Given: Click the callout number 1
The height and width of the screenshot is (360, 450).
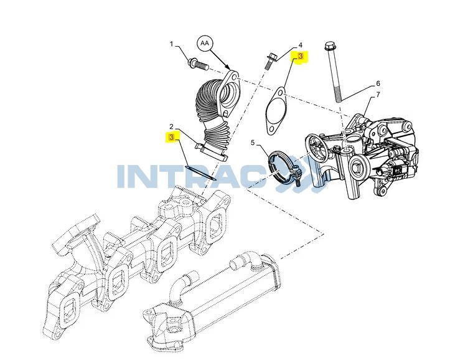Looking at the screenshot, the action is pos(172,44).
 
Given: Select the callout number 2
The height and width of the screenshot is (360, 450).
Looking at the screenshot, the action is pos(171,126).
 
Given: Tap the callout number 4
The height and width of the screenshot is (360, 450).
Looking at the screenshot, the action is pos(300,45).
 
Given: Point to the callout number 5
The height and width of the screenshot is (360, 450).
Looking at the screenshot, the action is pos(253,143).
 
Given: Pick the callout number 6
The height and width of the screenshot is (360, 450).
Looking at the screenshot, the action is pos(378,83).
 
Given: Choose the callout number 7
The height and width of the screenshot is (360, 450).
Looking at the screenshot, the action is pos(378,95).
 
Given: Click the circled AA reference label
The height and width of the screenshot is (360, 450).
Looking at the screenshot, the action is pos(204,43).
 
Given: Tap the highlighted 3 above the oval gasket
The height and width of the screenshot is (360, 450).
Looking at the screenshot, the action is pos(301,56).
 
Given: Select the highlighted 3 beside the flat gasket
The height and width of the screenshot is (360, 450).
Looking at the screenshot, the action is pos(172,138).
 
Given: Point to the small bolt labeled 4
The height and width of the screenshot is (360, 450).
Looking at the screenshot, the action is pos(270,60).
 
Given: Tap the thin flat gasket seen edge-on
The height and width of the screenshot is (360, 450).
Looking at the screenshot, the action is pos(200,173).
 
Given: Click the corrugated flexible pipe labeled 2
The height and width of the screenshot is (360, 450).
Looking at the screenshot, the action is pos(217,115).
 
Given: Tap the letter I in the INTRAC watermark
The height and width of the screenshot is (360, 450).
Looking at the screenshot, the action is pos(122,177).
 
